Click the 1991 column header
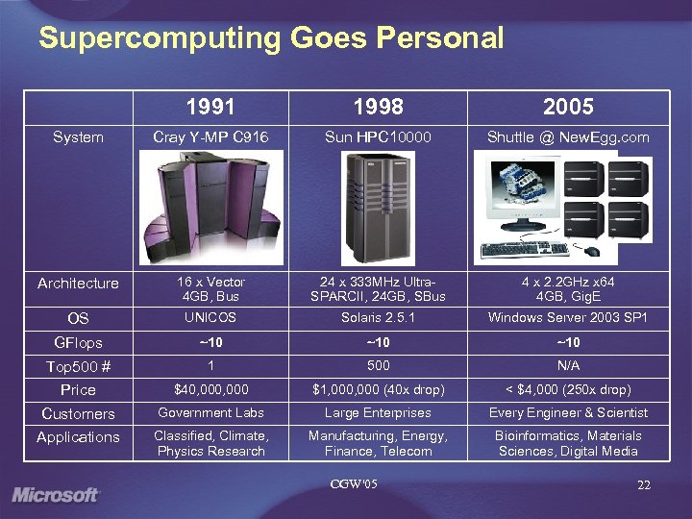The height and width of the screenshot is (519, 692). click(x=210, y=107)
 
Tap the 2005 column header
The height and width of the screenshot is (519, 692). click(x=568, y=107)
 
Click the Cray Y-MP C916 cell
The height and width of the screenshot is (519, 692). click(x=210, y=137)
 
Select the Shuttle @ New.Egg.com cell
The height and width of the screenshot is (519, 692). click(x=568, y=137)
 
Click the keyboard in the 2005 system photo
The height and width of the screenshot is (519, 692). click(x=525, y=249)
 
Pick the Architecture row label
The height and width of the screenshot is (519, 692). click(x=78, y=284)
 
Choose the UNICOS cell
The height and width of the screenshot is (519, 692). click(x=210, y=317)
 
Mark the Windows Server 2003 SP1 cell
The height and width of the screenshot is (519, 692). click(x=568, y=317)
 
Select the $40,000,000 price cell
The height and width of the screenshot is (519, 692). click(x=210, y=389)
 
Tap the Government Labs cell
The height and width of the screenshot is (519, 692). click(x=210, y=413)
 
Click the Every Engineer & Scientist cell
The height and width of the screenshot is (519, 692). click(x=568, y=413)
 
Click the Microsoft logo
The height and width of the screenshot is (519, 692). click(x=56, y=495)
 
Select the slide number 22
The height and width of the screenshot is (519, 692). click(x=643, y=486)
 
